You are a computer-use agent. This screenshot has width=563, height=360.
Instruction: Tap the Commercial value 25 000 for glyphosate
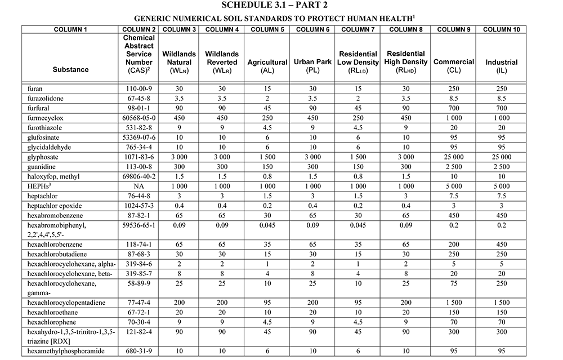point(453,156)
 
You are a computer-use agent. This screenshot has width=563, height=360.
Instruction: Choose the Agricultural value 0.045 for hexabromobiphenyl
point(267,225)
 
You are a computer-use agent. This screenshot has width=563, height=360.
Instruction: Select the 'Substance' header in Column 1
point(70,69)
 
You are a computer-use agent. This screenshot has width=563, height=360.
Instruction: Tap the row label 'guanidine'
point(43,166)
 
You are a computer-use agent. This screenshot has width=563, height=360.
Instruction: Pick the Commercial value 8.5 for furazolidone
point(453,98)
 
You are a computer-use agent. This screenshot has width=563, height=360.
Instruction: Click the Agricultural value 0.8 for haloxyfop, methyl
point(267,176)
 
